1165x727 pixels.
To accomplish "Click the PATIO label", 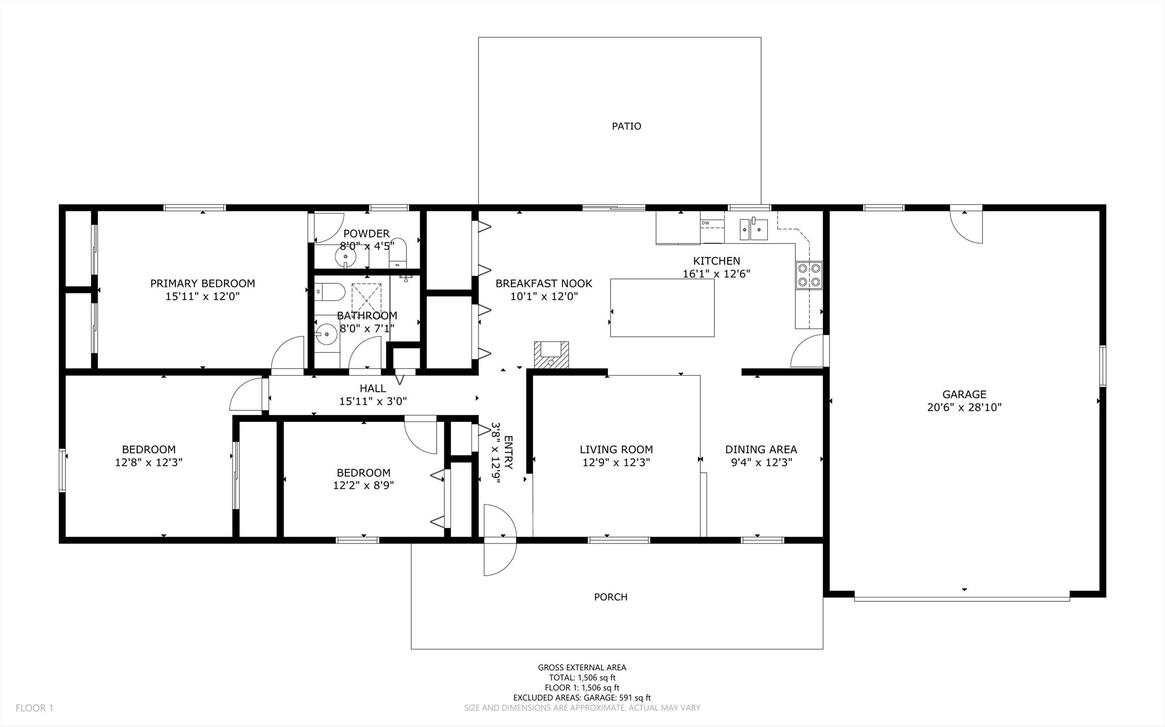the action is (626, 126).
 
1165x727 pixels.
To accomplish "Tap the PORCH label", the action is (611, 597).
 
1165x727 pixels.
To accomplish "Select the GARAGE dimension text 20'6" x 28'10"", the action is (964, 407).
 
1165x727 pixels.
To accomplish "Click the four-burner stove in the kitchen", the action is (809, 275).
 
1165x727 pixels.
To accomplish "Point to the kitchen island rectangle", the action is (662, 308).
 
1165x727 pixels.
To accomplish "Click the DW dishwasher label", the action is (705, 223).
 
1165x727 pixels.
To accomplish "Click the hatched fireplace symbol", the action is (551, 355).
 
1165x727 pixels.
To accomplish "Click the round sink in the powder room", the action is (345, 256).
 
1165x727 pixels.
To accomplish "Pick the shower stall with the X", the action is (367, 298).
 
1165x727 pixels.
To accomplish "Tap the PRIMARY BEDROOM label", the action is (202, 283).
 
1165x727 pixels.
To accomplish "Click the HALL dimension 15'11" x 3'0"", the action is (373, 401).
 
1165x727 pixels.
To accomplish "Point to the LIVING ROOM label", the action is (616, 449).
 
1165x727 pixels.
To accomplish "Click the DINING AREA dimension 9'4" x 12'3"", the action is (762, 462).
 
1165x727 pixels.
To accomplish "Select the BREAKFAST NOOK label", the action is (544, 283).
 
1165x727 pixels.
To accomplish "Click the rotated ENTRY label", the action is (508, 452).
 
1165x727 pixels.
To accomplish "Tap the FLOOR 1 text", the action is (34, 708).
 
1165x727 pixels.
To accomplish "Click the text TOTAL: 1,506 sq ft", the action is (582, 678).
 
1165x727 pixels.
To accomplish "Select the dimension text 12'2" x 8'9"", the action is (363, 486).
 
